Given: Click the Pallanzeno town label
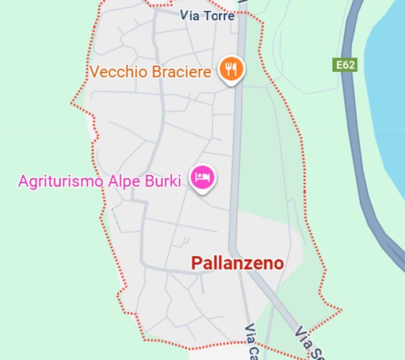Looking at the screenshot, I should [x=237, y=263].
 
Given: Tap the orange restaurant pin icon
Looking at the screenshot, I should [x=231, y=69].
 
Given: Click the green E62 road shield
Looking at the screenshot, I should [x=345, y=65].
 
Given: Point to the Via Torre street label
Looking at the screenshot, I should [x=207, y=16].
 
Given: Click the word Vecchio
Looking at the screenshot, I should [x=118, y=72].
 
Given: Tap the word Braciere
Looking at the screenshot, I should [x=181, y=72].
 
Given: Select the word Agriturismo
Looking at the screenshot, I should [x=60, y=181].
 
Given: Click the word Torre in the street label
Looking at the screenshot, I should [x=219, y=16].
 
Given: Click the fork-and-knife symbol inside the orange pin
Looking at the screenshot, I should [x=231, y=68].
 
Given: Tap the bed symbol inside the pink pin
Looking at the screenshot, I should [x=203, y=177].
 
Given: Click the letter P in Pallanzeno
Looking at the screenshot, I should [x=196, y=263].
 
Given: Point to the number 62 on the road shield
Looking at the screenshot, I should [x=349, y=65].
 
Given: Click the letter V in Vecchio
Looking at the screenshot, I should [x=94, y=72].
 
